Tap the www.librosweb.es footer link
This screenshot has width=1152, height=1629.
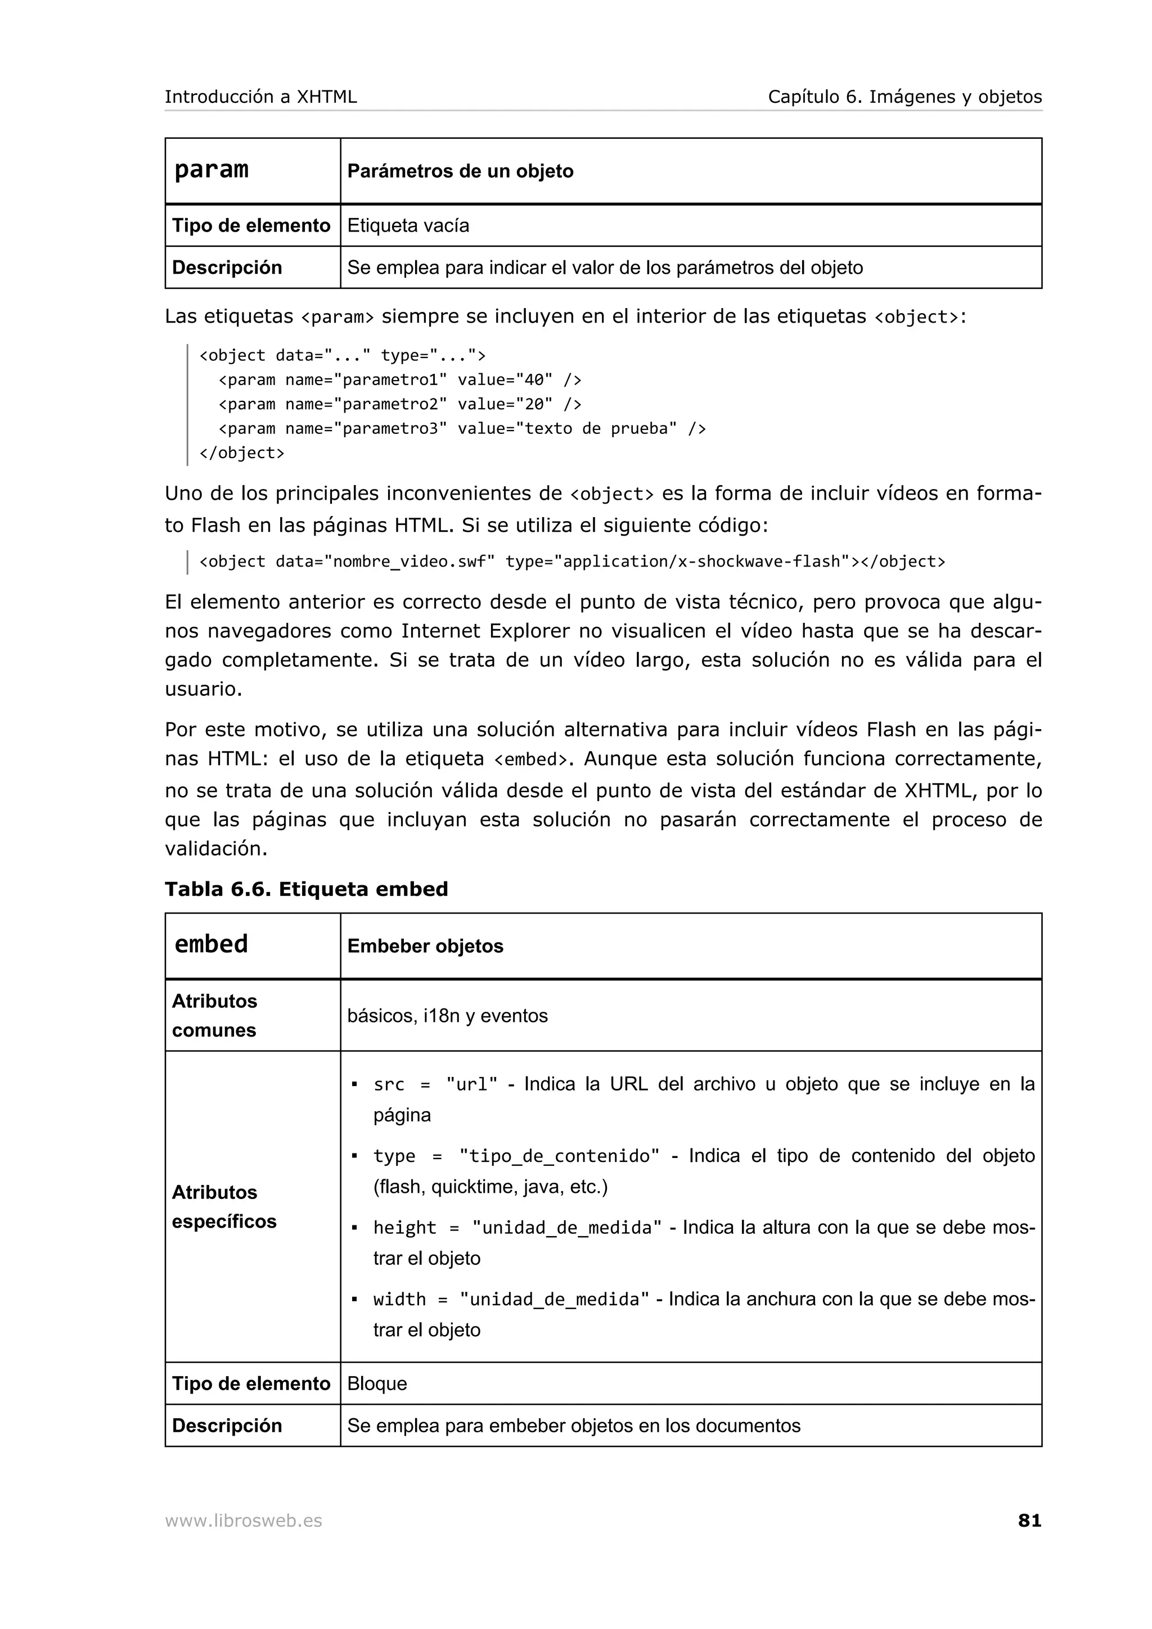pyautogui.click(x=243, y=1521)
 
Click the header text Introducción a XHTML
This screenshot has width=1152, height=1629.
pyautogui.click(x=260, y=97)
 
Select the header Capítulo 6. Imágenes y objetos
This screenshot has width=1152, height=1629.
pyautogui.click(x=904, y=97)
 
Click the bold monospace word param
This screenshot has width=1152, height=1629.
pyautogui.click(x=211, y=170)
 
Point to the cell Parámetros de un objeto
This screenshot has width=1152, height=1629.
pyautogui.click(x=460, y=171)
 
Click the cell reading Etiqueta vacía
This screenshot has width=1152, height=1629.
pyautogui.click(x=408, y=225)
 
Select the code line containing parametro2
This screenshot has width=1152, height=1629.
pyautogui.click(x=399, y=404)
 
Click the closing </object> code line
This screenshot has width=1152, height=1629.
pyautogui.click(x=241, y=452)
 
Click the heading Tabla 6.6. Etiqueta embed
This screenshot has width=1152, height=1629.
pyautogui.click(x=306, y=889)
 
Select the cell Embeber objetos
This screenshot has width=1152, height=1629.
pyautogui.click(x=425, y=946)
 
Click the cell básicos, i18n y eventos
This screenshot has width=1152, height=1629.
pyautogui.click(x=447, y=1016)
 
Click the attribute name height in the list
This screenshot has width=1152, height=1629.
pyautogui.click(x=404, y=1228)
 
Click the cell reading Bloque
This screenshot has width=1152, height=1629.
pyautogui.click(x=377, y=1383)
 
